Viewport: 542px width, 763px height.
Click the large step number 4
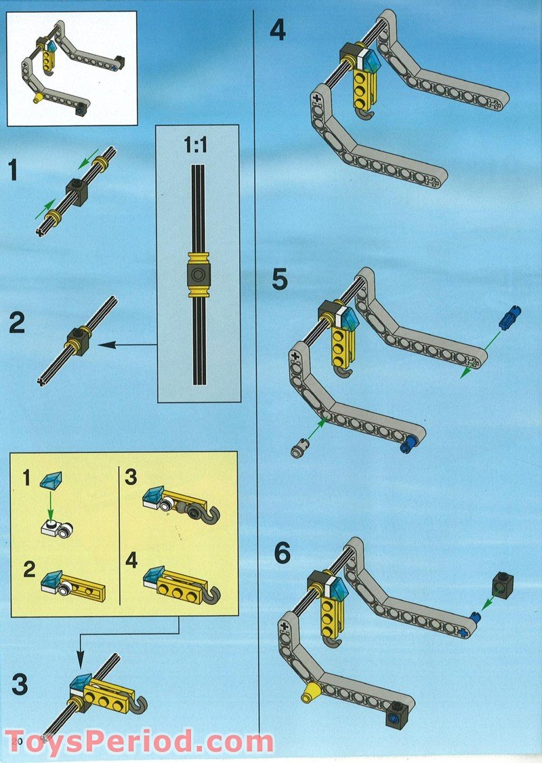(278, 31)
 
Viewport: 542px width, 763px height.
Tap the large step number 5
(279, 280)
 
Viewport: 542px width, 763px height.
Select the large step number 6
(282, 554)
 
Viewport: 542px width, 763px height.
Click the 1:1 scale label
(195, 146)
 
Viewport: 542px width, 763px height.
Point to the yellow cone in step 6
(311, 692)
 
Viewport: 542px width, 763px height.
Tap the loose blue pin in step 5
(509, 317)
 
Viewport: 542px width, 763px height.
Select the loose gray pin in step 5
(299, 448)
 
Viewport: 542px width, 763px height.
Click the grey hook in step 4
(365, 119)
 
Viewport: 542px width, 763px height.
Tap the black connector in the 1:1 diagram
(197, 275)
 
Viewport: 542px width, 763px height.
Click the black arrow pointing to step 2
(129, 345)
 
